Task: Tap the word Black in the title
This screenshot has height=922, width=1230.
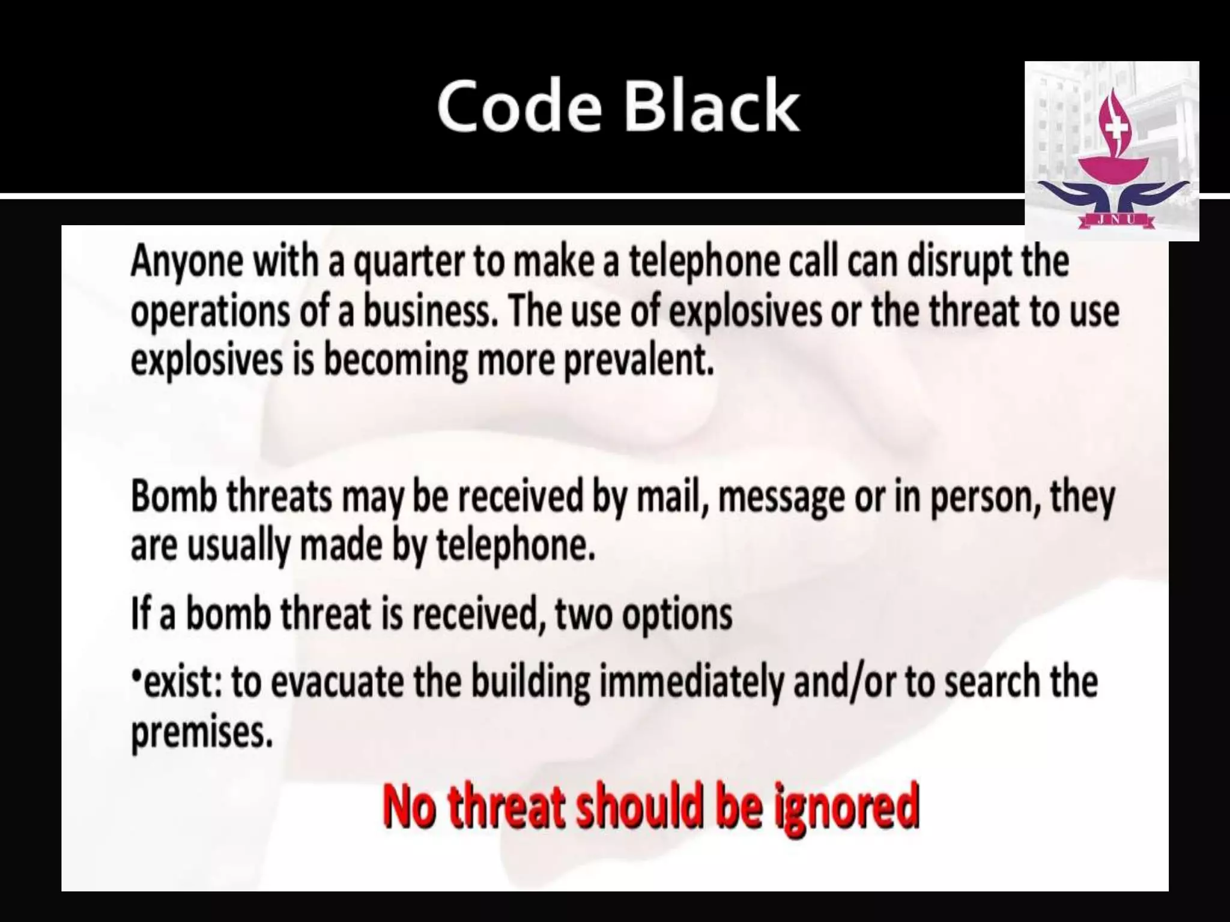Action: click(712, 107)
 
